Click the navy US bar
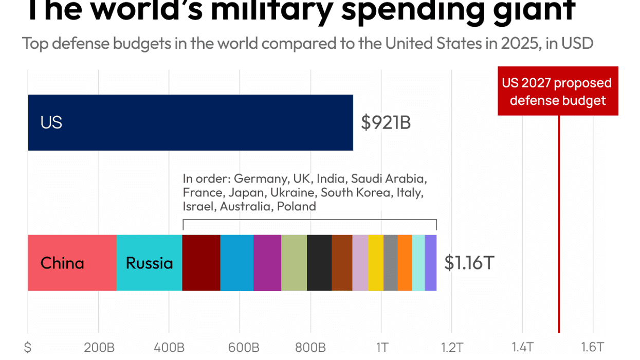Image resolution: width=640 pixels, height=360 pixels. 190,122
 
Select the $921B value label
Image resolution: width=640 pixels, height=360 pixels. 386,122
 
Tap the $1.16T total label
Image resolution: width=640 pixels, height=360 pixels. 469,263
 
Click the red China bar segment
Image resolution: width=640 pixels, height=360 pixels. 72,263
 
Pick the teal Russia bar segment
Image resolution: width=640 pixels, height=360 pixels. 149,263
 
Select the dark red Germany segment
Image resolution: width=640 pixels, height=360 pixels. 201,263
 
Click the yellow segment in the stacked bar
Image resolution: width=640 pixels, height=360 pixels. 375,263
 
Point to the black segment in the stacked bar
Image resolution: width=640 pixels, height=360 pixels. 319,263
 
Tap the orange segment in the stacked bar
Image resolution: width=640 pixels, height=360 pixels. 405,263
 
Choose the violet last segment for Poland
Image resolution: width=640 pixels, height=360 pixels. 431,263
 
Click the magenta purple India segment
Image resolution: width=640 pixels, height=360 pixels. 267,263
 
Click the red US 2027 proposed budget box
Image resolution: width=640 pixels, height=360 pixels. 558,91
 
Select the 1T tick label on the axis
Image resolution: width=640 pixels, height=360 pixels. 381,347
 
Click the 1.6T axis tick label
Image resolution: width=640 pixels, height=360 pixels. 593,347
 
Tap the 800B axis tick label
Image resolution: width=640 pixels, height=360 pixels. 310,347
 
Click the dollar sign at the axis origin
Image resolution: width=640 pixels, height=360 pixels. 28,347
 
